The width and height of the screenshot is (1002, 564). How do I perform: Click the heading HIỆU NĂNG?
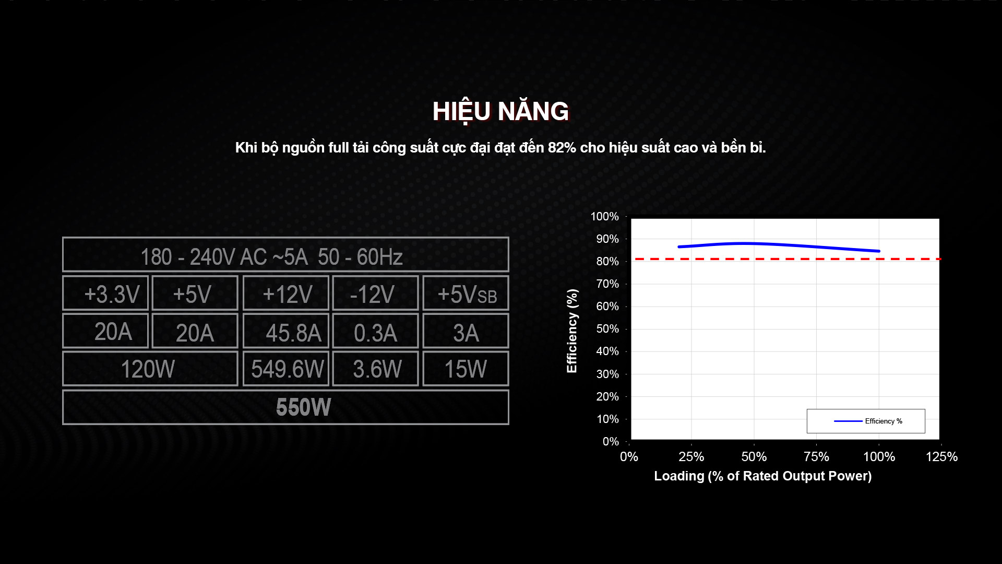coord(500,112)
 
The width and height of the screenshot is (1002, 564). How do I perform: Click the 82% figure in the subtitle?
coord(562,148)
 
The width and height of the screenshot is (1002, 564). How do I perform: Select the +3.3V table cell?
coord(105,293)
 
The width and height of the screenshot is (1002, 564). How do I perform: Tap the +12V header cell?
coord(286,293)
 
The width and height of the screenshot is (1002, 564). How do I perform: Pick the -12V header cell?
coord(375,293)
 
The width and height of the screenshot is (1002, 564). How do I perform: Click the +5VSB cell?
coord(466,293)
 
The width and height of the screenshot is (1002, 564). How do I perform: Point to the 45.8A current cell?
coord(286,331)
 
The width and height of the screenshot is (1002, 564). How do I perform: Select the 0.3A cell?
coord(375,331)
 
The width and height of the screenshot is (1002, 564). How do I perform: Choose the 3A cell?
coord(466,331)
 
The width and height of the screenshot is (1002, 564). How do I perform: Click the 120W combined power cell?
coord(150,369)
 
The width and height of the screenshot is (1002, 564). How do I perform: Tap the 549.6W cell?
coord(286,369)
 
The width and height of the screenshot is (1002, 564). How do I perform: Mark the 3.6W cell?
coord(375,369)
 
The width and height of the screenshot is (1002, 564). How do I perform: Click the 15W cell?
coord(466,369)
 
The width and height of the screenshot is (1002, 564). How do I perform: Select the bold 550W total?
coord(303,407)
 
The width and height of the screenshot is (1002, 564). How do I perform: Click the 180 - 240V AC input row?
coord(285,254)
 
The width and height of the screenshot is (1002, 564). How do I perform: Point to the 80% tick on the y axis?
coord(607,262)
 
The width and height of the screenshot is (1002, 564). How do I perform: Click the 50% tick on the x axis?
coord(754,457)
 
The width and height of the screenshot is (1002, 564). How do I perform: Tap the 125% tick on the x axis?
coord(941,457)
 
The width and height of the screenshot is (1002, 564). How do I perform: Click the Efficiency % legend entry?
coord(868,421)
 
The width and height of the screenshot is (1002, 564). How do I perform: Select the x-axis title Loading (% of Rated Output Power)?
coord(762,476)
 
